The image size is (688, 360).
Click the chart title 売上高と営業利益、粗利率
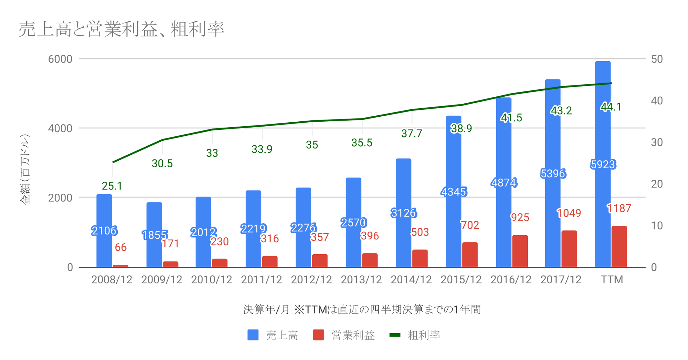point(121,29)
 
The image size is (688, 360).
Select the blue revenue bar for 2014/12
point(403,239)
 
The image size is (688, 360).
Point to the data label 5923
point(603,164)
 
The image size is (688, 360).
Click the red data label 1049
point(569,213)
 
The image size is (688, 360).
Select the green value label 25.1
point(112,186)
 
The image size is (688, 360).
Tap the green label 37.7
point(411,133)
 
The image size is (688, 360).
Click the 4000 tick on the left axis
point(60,128)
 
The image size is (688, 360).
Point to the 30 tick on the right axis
point(657,142)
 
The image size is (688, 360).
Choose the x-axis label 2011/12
point(261,279)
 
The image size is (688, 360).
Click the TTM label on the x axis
point(612,279)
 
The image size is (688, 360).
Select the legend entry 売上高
point(273,335)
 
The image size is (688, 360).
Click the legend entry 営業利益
point(344,335)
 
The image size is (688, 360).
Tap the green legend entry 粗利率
point(415,335)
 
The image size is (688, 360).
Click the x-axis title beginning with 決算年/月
point(362,309)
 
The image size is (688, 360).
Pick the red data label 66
point(121,247)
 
